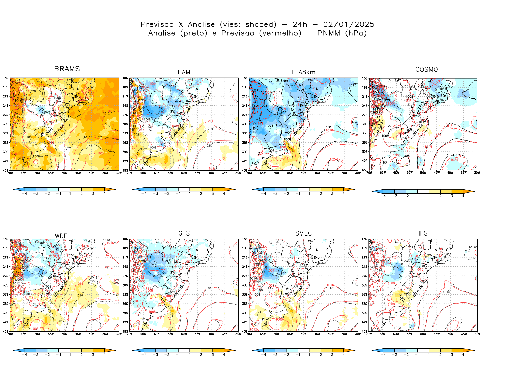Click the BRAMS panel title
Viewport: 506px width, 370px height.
[x=67, y=69]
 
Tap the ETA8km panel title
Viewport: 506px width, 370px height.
[x=303, y=72]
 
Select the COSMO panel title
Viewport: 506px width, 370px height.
[x=426, y=70]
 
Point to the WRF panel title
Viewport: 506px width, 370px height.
[x=61, y=236]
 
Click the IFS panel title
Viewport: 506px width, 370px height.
[x=423, y=233]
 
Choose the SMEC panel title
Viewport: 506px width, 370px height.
[x=303, y=233]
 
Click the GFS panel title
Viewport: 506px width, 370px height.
[x=184, y=233]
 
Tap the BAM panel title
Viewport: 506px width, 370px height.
[x=184, y=72]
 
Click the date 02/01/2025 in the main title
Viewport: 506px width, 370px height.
[x=349, y=24]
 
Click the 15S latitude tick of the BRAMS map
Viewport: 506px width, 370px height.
[x=6, y=78]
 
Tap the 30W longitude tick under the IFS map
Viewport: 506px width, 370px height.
[x=477, y=334]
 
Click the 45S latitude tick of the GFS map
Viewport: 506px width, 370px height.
[x=125, y=331]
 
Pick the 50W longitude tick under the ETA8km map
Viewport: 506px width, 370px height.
[x=303, y=173]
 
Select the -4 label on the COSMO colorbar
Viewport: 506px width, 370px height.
[x=383, y=196]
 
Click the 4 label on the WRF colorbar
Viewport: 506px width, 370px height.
[x=104, y=355]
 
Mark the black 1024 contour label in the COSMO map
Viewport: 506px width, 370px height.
[x=450, y=155]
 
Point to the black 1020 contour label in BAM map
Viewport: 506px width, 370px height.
[x=208, y=146]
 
